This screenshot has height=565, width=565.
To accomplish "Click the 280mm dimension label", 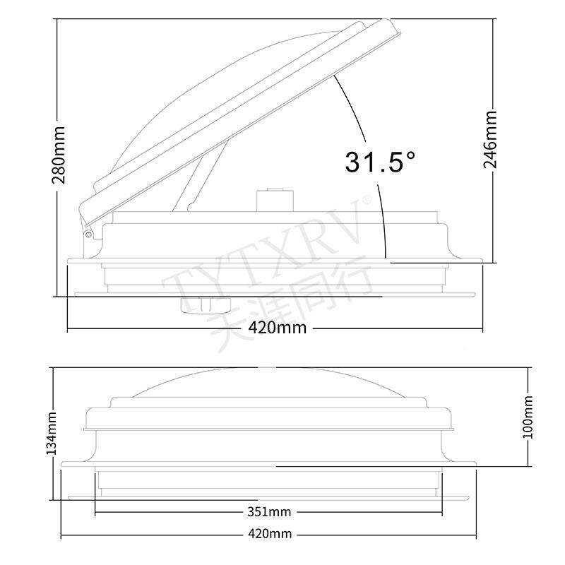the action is [x=59, y=155].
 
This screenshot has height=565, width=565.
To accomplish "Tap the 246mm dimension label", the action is [x=490, y=140].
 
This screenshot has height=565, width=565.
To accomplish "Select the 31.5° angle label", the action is [x=380, y=162].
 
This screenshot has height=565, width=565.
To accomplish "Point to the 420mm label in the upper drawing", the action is [x=278, y=328].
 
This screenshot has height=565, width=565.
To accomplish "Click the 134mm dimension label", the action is [x=52, y=434].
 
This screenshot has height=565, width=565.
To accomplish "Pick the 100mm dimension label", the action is [x=528, y=417].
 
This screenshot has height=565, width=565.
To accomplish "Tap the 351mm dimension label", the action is [x=269, y=511].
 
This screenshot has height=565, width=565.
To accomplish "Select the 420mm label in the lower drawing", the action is [x=270, y=534].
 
